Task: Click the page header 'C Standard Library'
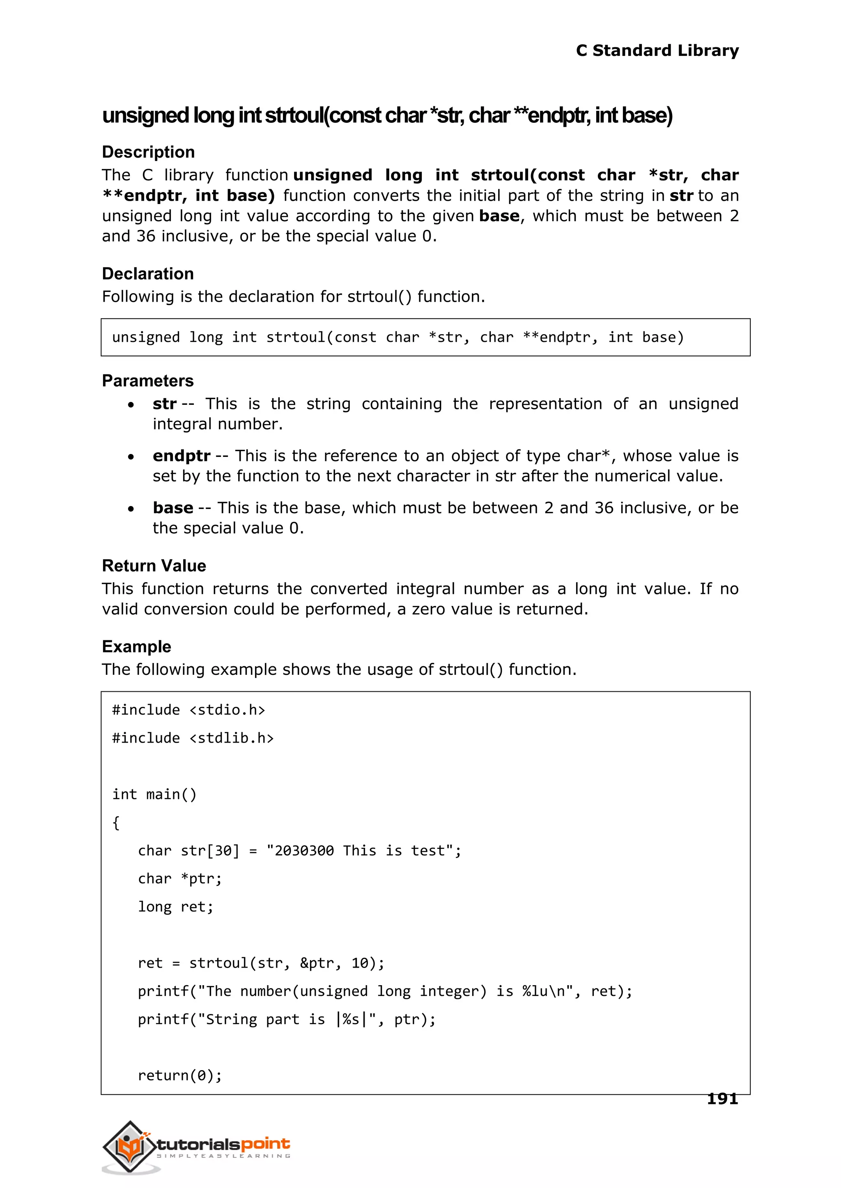(657, 51)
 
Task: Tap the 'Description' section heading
(148, 152)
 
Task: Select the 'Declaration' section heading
(147, 274)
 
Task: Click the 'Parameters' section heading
(147, 381)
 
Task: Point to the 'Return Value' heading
(154, 566)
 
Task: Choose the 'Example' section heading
(136, 647)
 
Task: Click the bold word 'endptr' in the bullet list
(181, 456)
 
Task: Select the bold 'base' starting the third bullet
(172, 508)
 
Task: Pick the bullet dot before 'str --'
(131, 405)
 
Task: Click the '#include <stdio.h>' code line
(188, 710)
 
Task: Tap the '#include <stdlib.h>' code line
(193, 738)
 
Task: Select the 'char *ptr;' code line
(180, 878)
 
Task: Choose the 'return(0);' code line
(180, 1075)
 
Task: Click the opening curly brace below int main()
(116, 823)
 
